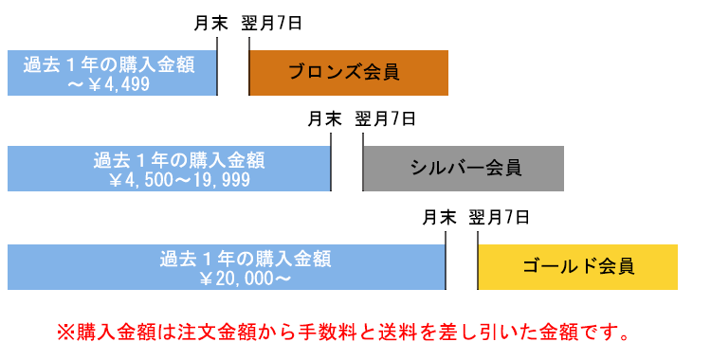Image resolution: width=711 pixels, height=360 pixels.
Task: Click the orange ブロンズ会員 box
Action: click(x=348, y=72)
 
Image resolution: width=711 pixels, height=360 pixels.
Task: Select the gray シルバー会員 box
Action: click(x=463, y=169)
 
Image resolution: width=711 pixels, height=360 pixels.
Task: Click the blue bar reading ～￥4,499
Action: click(x=112, y=72)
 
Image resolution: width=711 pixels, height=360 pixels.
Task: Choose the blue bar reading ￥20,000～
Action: click(x=226, y=266)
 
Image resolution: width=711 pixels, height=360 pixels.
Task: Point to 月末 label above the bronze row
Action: click(x=210, y=23)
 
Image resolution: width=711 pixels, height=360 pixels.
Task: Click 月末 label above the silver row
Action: click(x=324, y=119)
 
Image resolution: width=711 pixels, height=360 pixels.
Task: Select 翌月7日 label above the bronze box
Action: click(x=272, y=23)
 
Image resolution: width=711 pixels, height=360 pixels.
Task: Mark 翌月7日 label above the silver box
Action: click(x=386, y=119)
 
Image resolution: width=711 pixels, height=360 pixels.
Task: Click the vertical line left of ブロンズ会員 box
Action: click(x=249, y=66)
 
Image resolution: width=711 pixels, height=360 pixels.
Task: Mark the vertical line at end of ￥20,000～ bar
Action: click(x=447, y=256)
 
